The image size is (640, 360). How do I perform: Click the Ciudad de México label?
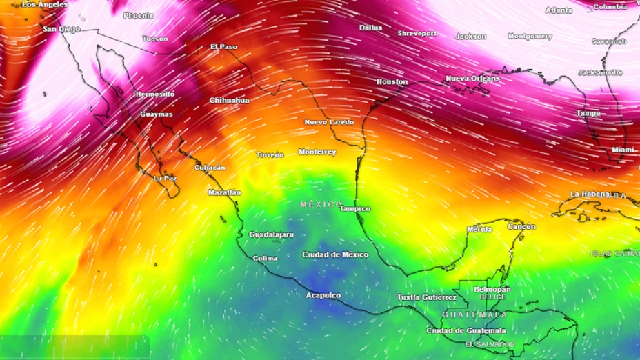pos(335,254)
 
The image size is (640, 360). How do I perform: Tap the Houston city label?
pos(392,81)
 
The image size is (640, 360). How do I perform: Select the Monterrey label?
pos(317,152)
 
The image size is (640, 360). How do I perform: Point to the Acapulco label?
pos(323,295)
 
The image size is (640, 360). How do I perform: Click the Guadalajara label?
pos(271,234)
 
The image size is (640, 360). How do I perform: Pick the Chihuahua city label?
pos(229,101)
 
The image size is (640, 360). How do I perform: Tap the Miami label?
pos(623,150)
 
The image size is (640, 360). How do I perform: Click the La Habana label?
pos(590,194)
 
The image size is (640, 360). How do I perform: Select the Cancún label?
pos(521,226)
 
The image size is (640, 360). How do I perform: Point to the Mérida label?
pos(479,229)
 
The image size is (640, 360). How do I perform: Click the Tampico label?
pos(354,208)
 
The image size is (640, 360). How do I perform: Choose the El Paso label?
pos(223,47)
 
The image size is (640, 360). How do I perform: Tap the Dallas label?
pos(370,28)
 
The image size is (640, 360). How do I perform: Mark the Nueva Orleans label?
pos(472,79)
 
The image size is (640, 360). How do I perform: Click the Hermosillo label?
pos(154,94)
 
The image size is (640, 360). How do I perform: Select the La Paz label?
pos(165,178)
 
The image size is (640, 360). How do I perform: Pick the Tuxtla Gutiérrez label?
pos(427,297)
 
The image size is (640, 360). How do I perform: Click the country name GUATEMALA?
pos(474,314)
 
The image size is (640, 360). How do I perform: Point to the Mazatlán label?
pos(225,192)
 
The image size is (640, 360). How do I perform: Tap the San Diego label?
pos(61,29)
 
